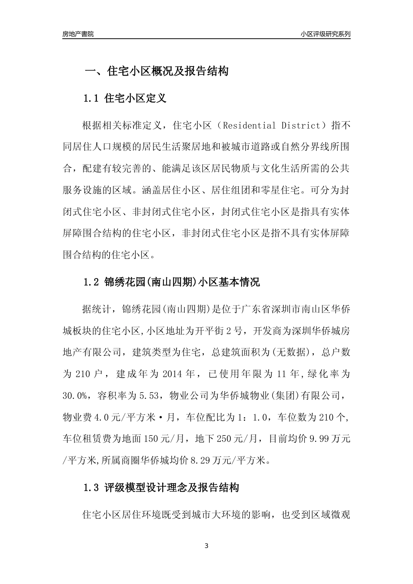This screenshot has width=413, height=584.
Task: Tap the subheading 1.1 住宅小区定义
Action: pos(125,98)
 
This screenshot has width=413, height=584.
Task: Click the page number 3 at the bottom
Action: pos(206,546)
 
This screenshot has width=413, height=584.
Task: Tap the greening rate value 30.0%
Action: pos(76,395)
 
